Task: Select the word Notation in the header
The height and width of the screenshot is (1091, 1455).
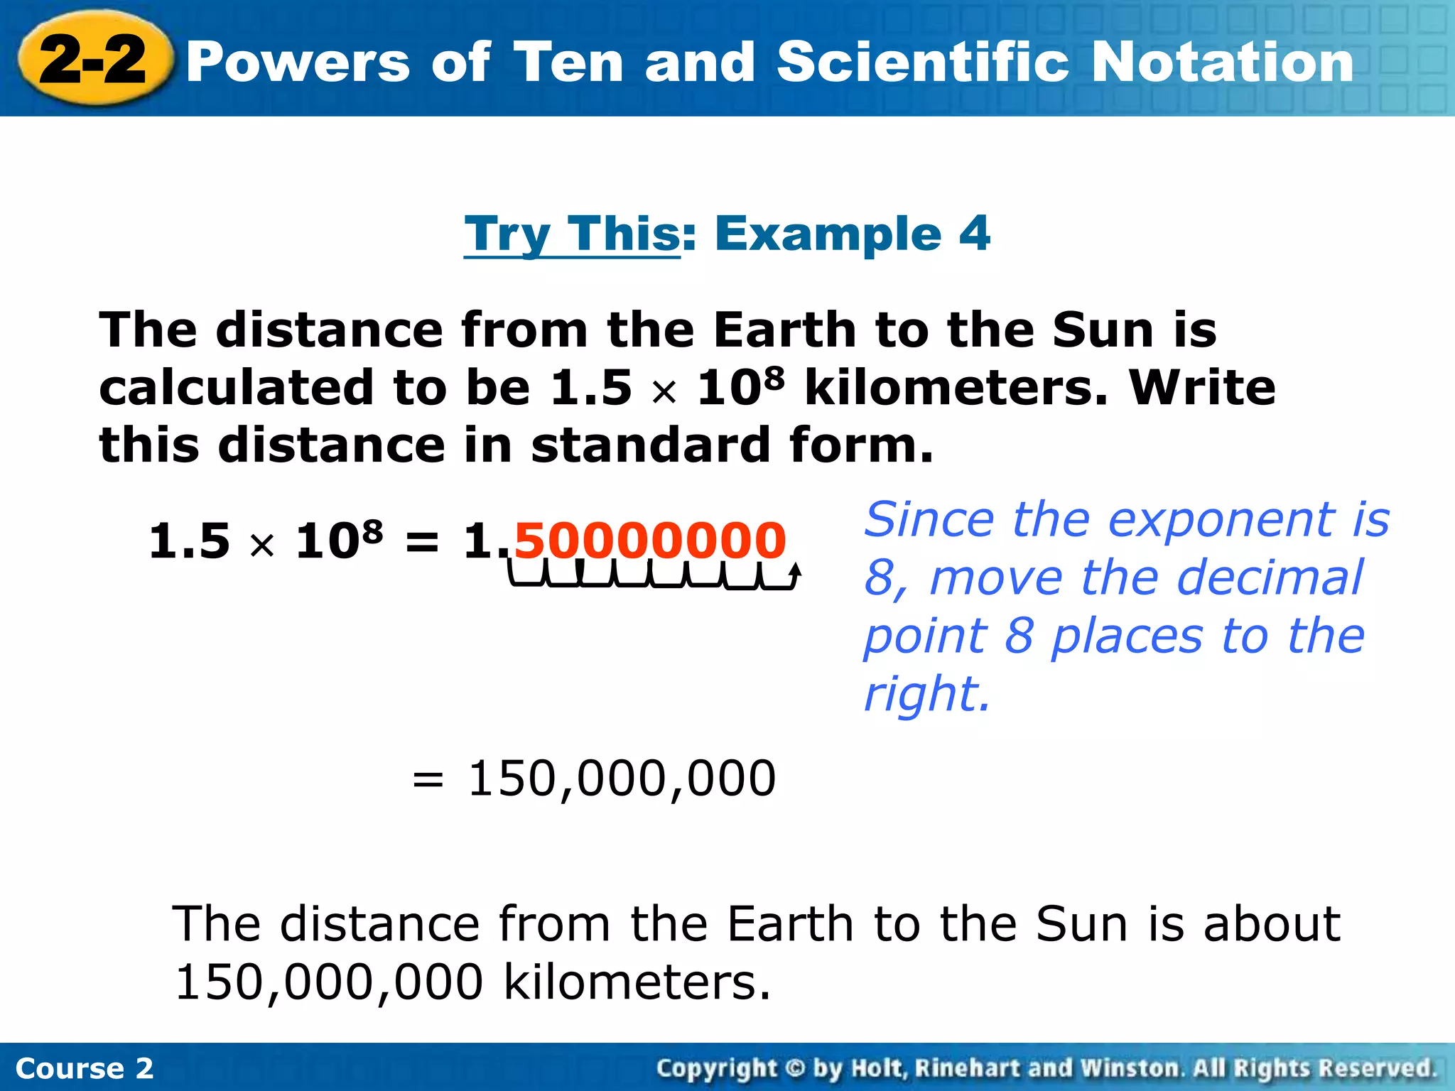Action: point(1222,63)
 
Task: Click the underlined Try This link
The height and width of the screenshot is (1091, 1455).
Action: point(572,234)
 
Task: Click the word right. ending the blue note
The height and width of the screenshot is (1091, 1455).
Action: point(926,694)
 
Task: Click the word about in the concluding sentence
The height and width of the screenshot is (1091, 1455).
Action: point(1271,924)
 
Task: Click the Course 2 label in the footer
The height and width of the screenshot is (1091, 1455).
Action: point(84,1068)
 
